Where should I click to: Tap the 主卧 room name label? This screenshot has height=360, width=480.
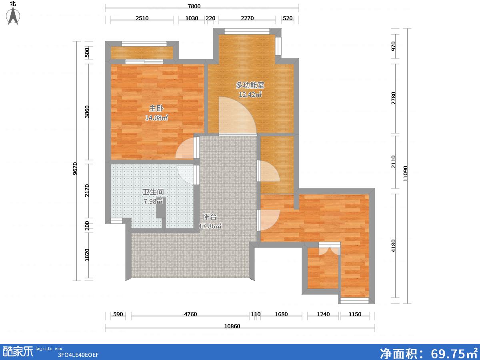pos(156,108)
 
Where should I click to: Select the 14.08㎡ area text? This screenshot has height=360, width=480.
pos(156,118)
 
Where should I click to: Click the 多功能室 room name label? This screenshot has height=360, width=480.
pos(250,85)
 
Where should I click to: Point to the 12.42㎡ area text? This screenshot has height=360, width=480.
pos(250,94)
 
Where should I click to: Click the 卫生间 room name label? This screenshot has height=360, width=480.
pos(153,192)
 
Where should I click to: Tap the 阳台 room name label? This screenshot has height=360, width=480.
pos(210,217)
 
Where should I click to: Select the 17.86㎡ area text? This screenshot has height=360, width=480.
pos(210,226)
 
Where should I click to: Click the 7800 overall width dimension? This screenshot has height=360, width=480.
pos(194,6)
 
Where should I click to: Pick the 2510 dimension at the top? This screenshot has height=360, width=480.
pos(142,18)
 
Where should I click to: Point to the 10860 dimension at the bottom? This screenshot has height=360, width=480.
pos(232,326)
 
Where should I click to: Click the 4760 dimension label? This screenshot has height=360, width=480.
pos(190,314)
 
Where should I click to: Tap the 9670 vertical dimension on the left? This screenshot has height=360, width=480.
pos(75,168)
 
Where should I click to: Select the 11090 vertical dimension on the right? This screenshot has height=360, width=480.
pos(406,174)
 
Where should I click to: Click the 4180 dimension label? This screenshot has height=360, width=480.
pos(394,246)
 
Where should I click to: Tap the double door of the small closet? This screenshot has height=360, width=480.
pos(330,248)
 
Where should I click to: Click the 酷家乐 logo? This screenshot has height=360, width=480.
pos(18,352)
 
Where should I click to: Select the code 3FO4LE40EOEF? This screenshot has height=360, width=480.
pos(78,355)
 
